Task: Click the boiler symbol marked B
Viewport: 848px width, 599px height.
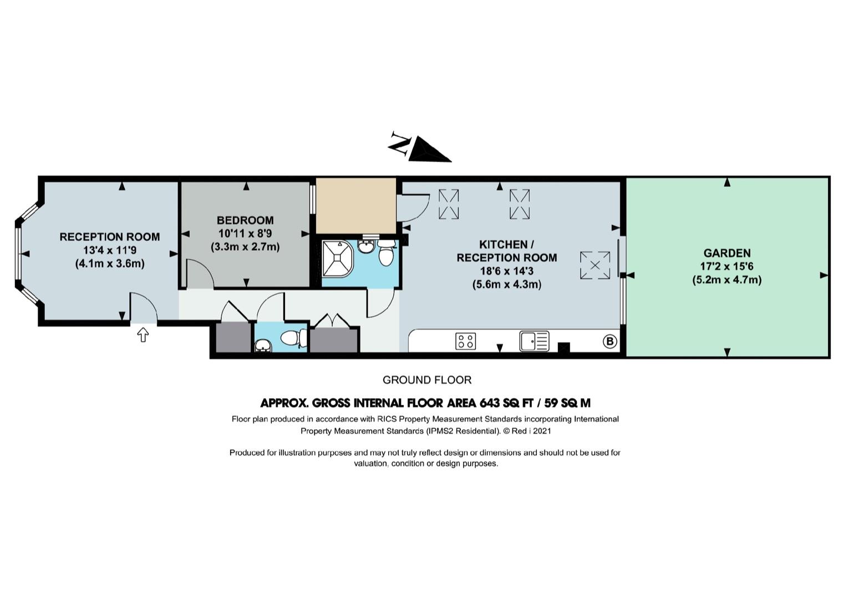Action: [610, 342]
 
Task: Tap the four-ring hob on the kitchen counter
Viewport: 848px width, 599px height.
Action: [466, 341]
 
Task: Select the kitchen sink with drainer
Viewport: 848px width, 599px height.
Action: [534, 341]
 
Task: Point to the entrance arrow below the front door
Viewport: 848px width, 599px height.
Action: [143, 334]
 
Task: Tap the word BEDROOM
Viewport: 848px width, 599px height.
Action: [245, 220]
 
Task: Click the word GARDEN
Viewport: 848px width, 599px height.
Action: [727, 253]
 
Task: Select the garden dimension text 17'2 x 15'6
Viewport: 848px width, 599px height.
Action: [727, 266]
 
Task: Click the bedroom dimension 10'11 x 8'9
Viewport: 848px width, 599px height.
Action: [245, 233]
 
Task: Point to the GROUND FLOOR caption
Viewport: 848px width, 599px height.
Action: [427, 380]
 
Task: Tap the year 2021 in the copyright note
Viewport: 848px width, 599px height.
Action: [542, 431]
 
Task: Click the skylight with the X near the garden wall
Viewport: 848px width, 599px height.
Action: [595, 266]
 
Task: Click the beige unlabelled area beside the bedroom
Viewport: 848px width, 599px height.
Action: [356, 206]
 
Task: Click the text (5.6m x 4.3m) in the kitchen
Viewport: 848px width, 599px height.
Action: [506, 285]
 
